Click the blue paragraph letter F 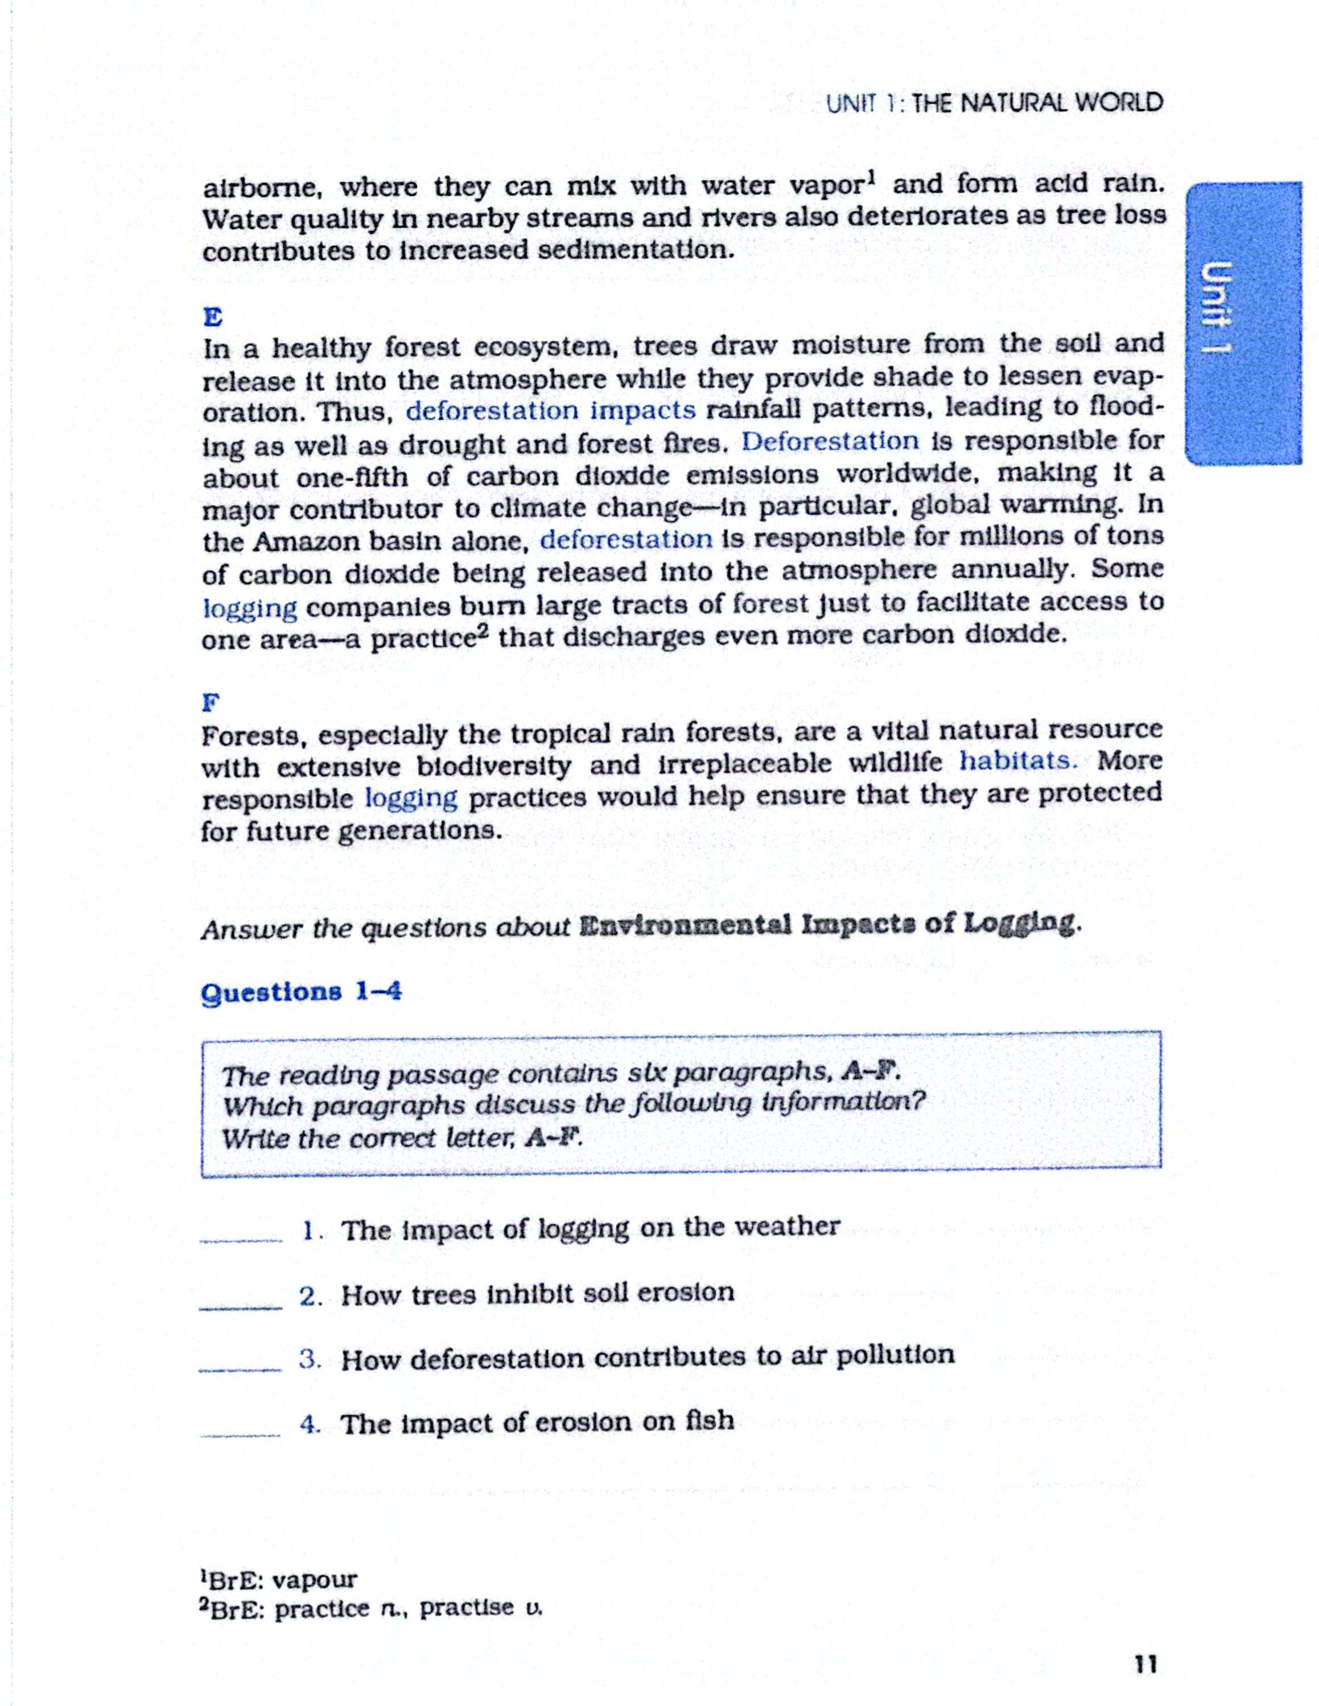click(209, 702)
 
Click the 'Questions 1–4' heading click(302, 992)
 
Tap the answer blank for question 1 click(241, 1240)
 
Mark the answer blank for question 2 click(241, 1307)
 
